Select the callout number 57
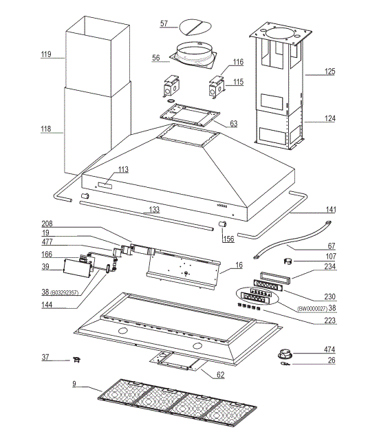164,23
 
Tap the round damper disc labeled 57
195,27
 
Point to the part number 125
330,71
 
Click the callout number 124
330,118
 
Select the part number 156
227,239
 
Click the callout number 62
220,375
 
